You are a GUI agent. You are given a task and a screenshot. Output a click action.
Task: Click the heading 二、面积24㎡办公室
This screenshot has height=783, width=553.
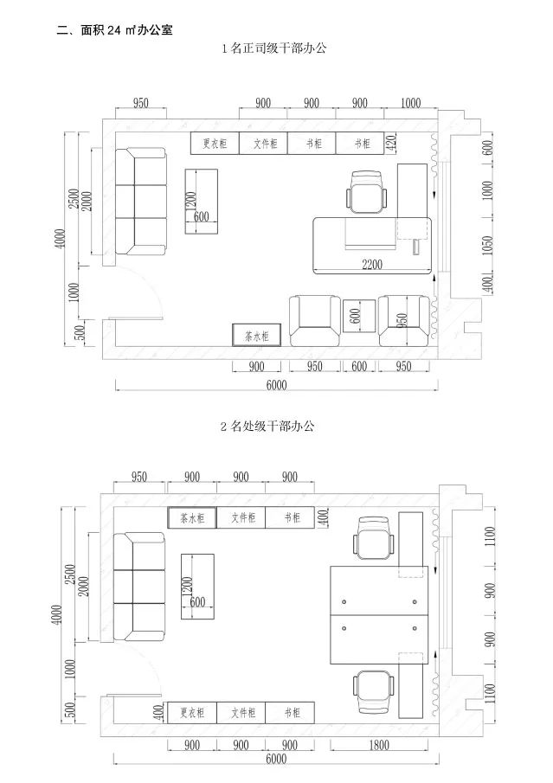pyautogui.click(x=114, y=30)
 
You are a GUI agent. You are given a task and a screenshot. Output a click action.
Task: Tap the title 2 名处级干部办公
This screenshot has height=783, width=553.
pyautogui.click(x=276, y=427)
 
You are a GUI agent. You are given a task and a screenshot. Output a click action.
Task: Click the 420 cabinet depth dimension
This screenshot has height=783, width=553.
pyautogui.click(x=390, y=143)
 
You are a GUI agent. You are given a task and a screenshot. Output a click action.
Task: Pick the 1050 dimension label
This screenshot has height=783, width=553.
pyautogui.click(x=487, y=246)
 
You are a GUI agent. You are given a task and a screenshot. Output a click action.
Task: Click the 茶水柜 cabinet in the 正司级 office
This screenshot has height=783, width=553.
pyautogui.click(x=256, y=336)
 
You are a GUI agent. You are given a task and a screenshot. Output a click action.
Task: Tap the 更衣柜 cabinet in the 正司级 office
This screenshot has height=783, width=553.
pyautogui.click(x=215, y=144)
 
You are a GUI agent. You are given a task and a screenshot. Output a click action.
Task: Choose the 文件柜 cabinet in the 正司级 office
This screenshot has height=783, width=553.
pyautogui.click(x=264, y=144)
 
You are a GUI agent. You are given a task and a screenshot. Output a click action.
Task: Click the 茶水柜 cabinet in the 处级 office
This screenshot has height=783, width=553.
pyautogui.click(x=191, y=518)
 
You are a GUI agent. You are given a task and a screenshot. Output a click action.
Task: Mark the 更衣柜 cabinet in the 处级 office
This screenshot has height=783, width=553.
pyautogui.click(x=191, y=713)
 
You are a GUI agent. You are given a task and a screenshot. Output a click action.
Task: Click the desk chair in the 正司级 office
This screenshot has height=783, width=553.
pyautogui.click(x=368, y=191)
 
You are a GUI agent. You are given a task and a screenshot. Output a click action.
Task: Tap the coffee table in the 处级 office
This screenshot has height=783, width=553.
pyautogui.click(x=196, y=586)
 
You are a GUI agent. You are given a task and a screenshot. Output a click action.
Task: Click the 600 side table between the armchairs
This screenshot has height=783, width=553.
pyautogui.click(x=358, y=317)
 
